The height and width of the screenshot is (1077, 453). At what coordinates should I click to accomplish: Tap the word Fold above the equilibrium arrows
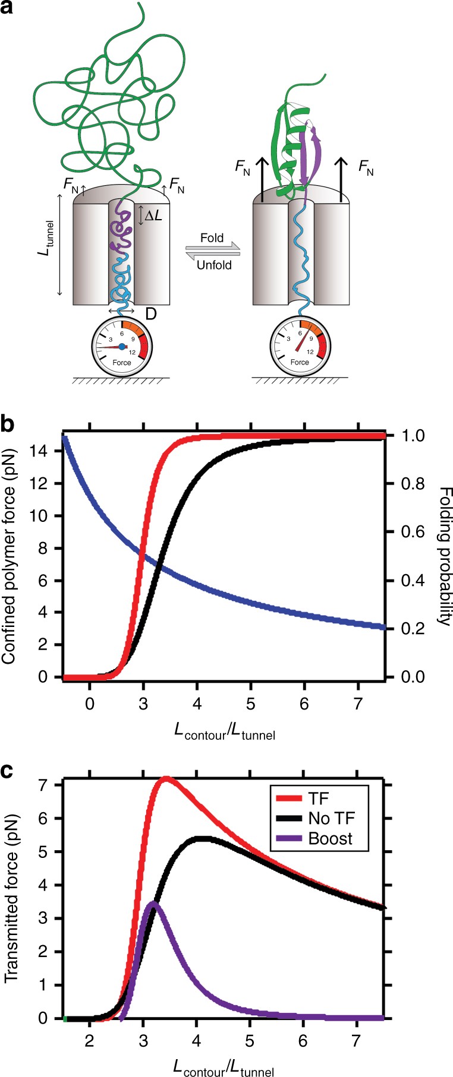tap(212, 238)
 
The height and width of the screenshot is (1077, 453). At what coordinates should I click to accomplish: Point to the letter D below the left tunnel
tap(151, 313)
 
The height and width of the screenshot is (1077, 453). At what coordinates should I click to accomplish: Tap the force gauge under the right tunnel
tap(299, 347)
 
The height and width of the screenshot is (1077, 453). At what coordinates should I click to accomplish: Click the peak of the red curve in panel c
tap(166, 778)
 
